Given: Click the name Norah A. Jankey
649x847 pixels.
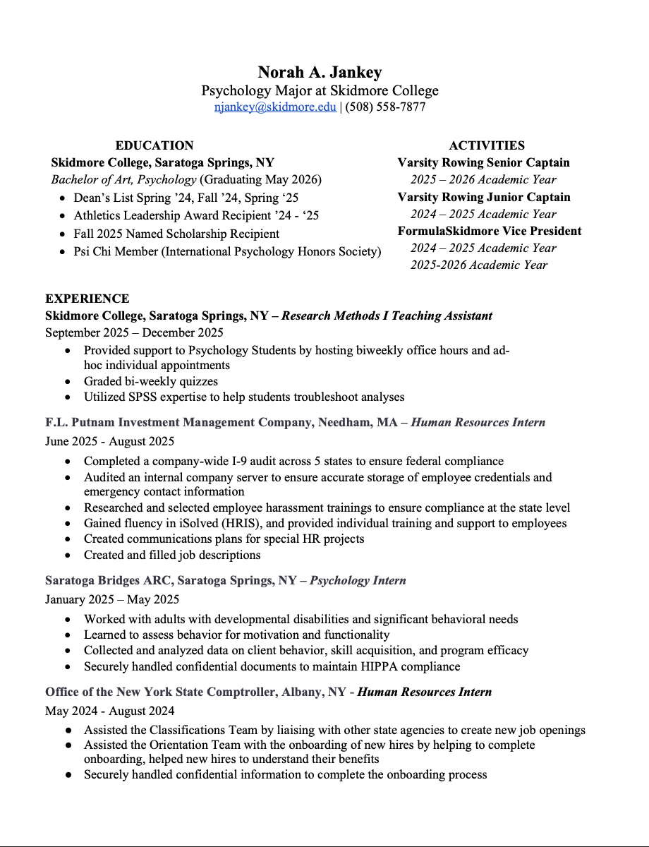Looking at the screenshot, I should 320,72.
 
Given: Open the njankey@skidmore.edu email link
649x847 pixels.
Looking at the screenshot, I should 275,107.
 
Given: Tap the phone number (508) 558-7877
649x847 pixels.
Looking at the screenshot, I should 385,107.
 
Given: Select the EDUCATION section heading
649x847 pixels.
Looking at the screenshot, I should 154,145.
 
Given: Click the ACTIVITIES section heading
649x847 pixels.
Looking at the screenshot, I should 487,145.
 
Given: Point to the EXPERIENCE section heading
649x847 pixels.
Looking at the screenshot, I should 87,299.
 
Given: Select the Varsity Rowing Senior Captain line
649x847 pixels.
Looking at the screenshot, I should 483,162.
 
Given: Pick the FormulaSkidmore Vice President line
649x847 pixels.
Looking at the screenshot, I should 490,231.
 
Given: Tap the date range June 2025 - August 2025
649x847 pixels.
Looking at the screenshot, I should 110,441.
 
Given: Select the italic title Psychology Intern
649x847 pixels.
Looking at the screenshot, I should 358,580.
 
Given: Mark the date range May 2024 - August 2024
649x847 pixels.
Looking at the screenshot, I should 110,711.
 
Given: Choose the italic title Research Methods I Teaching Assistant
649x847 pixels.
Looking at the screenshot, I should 387,316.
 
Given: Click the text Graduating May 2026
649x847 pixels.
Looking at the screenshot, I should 260,179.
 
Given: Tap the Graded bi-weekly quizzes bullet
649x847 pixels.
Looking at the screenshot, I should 151,381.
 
